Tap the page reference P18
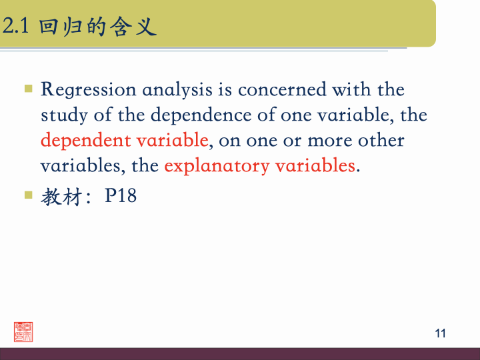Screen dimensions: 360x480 tap(121, 197)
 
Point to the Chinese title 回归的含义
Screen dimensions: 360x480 tap(97, 27)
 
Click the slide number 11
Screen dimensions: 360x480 tap(440, 333)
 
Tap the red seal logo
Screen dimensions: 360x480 tap(23, 331)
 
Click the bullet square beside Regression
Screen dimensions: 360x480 tap(28, 88)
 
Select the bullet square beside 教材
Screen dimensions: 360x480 tap(28, 195)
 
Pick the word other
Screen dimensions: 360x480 tap(381, 141)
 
